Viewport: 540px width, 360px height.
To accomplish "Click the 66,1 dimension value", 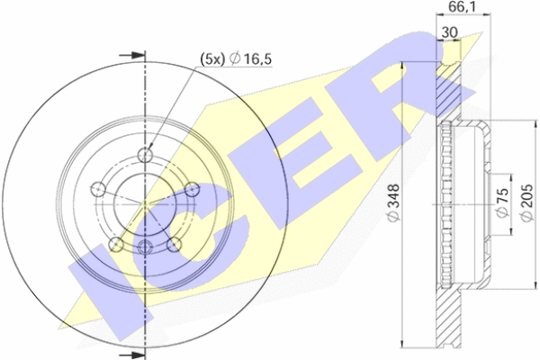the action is (x=463, y=6).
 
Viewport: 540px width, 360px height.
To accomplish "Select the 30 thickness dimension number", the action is (x=450, y=32).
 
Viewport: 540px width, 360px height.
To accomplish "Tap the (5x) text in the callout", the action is (x=212, y=59).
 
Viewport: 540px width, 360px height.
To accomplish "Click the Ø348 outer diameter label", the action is (x=393, y=203).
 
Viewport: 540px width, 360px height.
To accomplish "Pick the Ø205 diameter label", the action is (x=526, y=203).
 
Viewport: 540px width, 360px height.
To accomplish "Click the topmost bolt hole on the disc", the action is (x=145, y=155).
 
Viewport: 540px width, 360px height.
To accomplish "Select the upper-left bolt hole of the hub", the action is (x=99, y=189).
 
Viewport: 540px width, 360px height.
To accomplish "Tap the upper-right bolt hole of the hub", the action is (x=192, y=189).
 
